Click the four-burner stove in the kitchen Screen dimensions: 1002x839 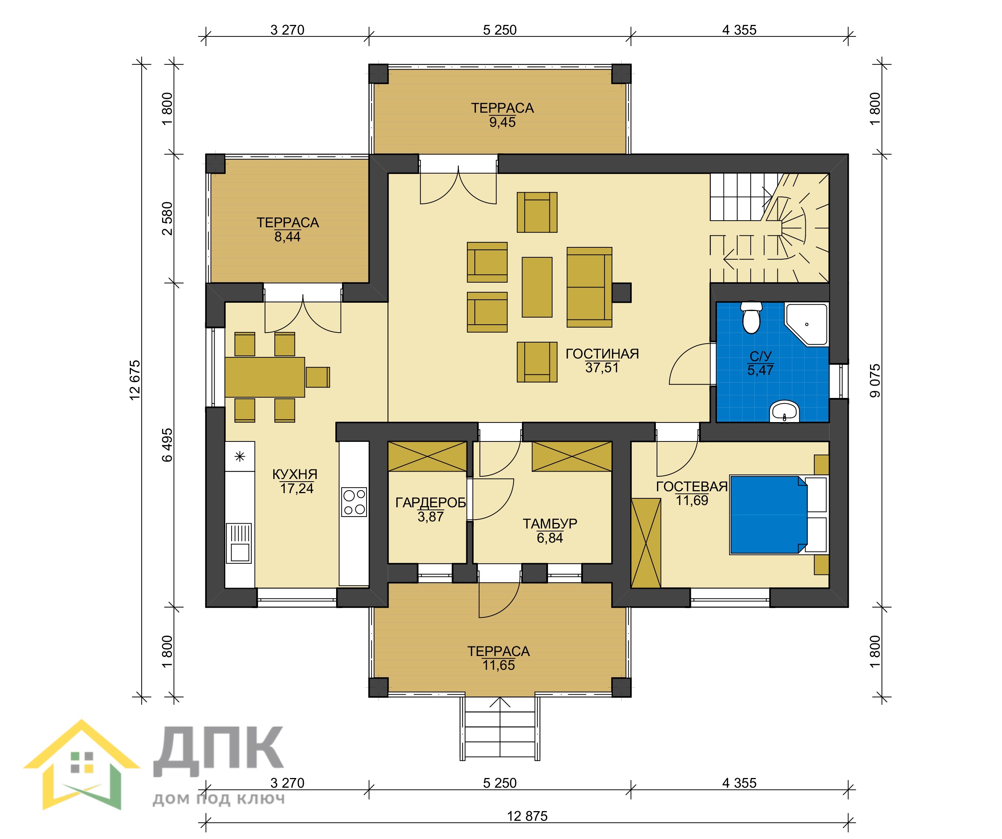click(x=354, y=502)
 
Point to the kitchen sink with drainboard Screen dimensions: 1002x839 click(x=239, y=543)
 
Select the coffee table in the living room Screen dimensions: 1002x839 click(x=537, y=287)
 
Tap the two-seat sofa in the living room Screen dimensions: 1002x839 click(x=589, y=287)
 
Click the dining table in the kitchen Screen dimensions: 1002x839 click(x=265, y=377)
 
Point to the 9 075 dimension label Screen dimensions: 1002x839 click(x=875, y=381)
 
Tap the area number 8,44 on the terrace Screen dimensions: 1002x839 click(x=287, y=237)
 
